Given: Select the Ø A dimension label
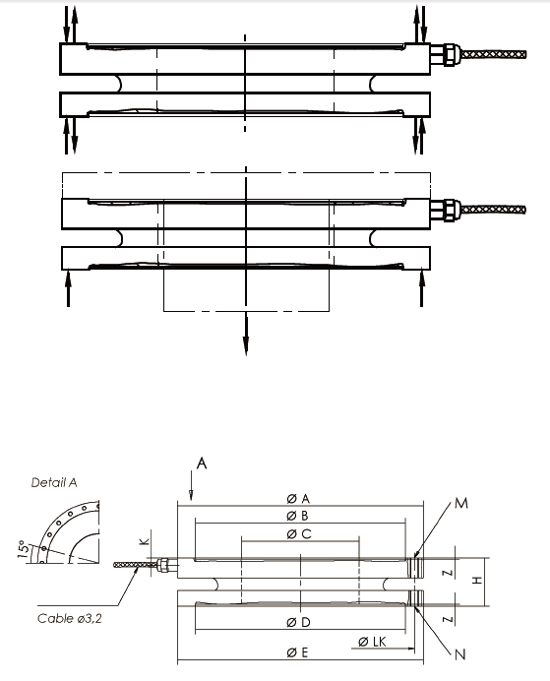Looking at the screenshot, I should (298, 499).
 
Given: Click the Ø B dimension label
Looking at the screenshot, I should (298, 516).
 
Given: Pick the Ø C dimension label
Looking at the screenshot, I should (298, 533).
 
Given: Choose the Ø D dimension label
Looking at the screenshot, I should (298, 623).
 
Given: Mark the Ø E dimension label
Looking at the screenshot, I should (298, 652).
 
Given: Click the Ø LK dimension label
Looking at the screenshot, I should (372, 642).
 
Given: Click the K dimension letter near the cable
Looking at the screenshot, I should (143, 540).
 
